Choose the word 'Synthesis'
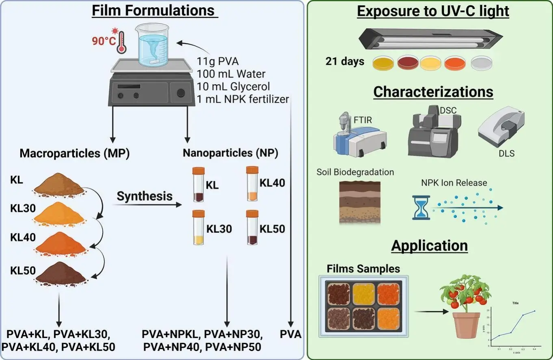(145, 197)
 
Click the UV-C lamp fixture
(430, 39)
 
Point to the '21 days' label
(345, 62)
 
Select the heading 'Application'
(430, 246)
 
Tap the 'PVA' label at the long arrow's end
(291, 335)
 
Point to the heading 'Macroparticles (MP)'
(74, 154)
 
